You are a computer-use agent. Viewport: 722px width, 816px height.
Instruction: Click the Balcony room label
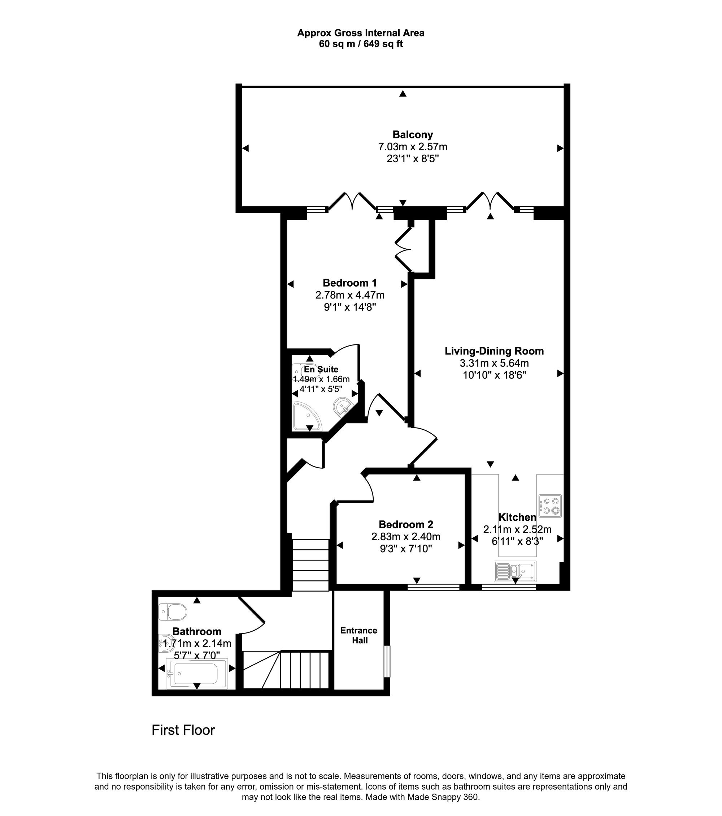pos(413,134)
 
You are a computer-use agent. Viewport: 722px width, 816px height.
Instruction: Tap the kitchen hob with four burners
pos(550,506)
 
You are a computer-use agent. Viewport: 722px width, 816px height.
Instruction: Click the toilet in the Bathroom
pos(173,611)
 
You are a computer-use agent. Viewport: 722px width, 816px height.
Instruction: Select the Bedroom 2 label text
pos(406,524)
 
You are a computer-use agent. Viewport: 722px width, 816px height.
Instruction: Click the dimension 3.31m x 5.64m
pos(494,363)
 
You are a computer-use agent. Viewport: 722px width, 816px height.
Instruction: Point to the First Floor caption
pos(183,730)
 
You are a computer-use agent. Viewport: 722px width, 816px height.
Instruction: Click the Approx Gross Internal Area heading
pos(361,33)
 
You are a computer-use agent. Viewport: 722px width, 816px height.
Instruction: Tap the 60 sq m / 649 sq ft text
pos(361,44)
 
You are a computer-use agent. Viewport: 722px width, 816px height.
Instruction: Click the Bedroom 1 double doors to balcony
pos(352,201)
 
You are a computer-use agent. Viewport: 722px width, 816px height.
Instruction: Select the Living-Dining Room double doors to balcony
pos(490,201)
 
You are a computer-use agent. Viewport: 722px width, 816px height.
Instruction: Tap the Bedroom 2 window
pos(434,587)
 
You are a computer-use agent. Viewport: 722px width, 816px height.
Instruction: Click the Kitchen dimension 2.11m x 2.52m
pos(517,529)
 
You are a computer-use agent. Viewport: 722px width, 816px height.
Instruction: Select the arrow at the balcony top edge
pos(403,94)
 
